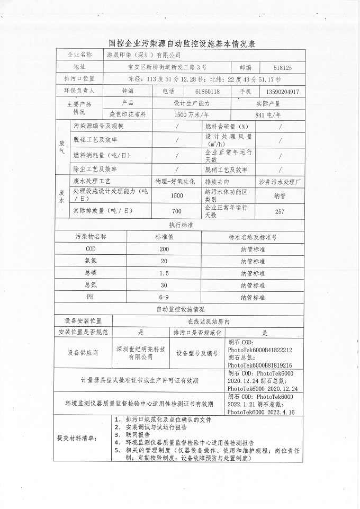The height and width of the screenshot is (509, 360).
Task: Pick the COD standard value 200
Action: [x=164, y=249]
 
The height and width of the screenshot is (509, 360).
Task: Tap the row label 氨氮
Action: [x=91, y=261]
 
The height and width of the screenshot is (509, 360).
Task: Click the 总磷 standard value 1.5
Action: [x=164, y=273]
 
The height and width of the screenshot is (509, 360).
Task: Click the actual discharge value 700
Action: [x=177, y=212]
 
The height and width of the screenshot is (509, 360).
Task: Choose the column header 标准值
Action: [x=164, y=237]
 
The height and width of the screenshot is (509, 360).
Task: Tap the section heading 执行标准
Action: [x=181, y=225]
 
